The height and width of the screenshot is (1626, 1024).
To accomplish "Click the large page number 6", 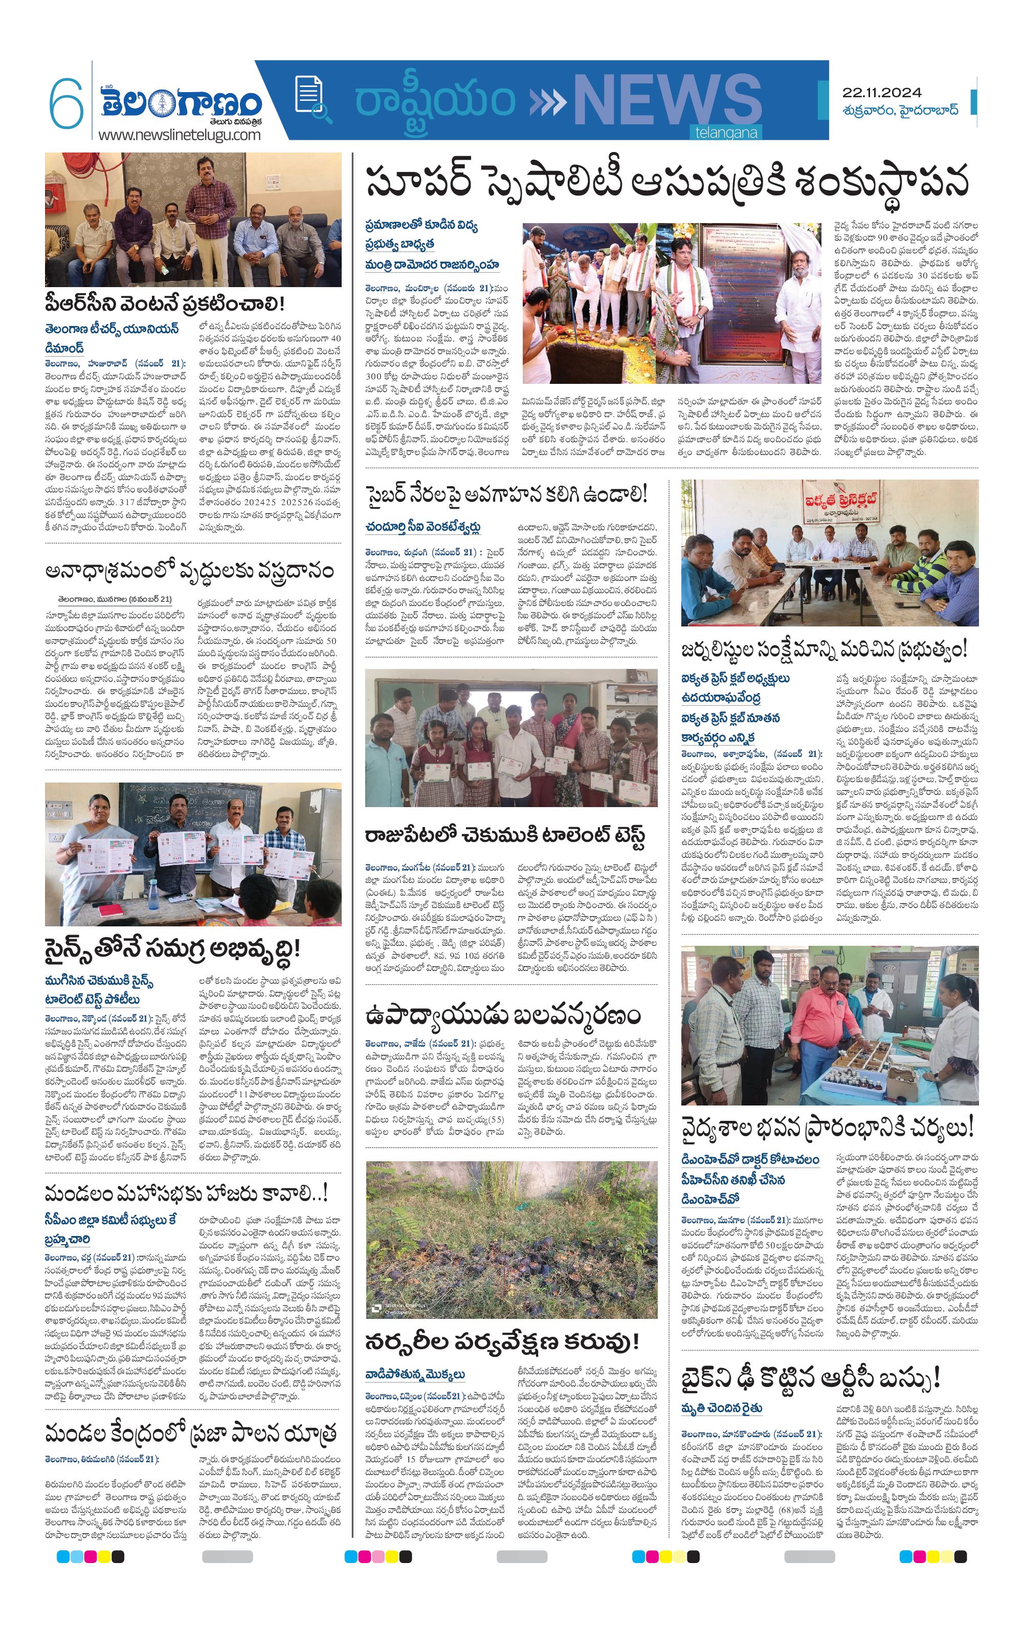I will tap(65, 104).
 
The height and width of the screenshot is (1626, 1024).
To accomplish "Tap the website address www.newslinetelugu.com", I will tap(179, 135).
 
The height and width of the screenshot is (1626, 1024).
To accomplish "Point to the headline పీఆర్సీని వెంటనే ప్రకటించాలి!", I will tap(165, 303).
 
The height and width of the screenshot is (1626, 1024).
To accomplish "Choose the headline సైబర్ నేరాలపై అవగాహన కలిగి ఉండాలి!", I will tap(506, 494).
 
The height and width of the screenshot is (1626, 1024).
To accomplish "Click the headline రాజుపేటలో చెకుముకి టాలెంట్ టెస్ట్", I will tap(505, 835).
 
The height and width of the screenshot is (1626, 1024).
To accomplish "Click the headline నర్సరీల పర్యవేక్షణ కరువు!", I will tap(502, 1340).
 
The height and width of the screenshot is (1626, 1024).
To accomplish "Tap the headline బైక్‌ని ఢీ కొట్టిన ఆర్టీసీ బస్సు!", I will tap(810, 1377).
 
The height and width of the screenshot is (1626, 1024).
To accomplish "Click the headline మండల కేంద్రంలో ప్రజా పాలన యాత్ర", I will tap(190, 1432).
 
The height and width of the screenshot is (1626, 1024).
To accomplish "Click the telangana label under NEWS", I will tap(726, 133).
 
